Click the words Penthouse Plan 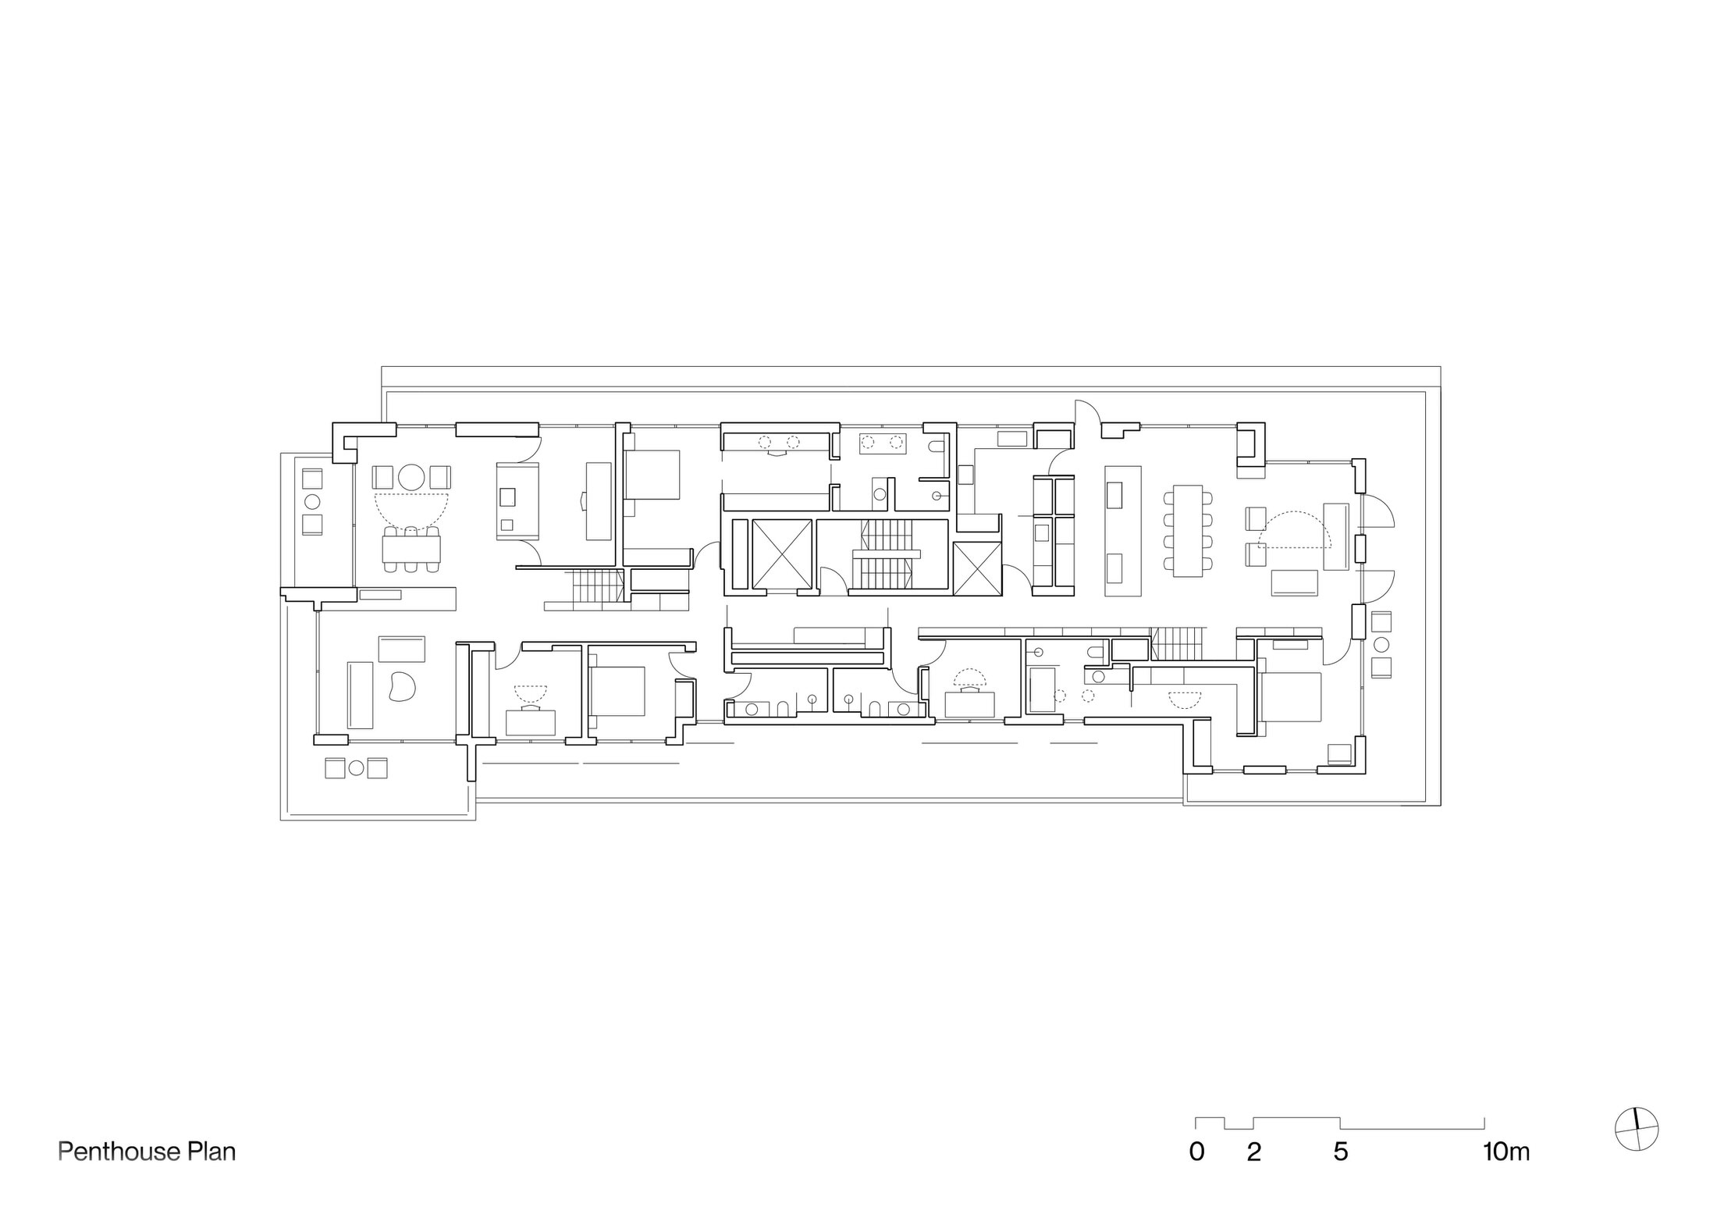tap(147, 1152)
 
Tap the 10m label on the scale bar tap(1505, 1152)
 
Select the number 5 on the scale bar tap(1340, 1152)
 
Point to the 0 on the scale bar tap(1196, 1152)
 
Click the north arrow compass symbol tap(1636, 1129)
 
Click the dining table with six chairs tap(412, 546)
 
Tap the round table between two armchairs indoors tap(411, 476)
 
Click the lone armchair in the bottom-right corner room tap(1339, 753)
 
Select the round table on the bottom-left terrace tap(356, 768)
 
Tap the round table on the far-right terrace tap(1381, 645)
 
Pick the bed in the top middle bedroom tap(652, 475)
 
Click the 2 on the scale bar tap(1253, 1152)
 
